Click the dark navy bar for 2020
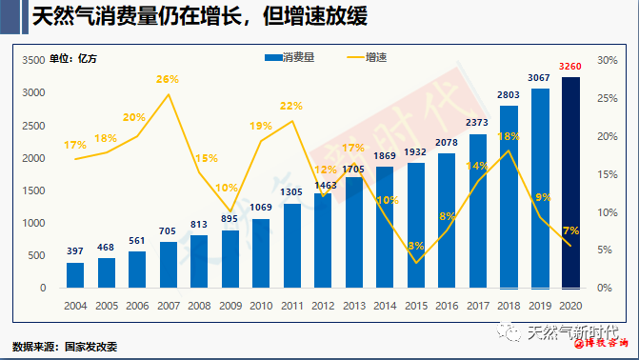(x=570, y=183)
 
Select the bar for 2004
(x=75, y=275)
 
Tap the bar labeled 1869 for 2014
(x=385, y=228)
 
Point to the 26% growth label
(x=168, y=80)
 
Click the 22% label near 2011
(x=291, y=106)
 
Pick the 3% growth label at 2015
(x=415, y=246)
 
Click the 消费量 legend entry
(x=296, y=57)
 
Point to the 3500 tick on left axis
(x=33, y=59)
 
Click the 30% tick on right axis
(x=608, y=59)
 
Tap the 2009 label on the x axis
(x=230, y=305)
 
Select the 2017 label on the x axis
(x=477, y=305)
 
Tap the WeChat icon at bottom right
(x=511, y=332)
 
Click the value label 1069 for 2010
(x=261, y=209)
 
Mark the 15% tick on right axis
(x=608, y=173)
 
